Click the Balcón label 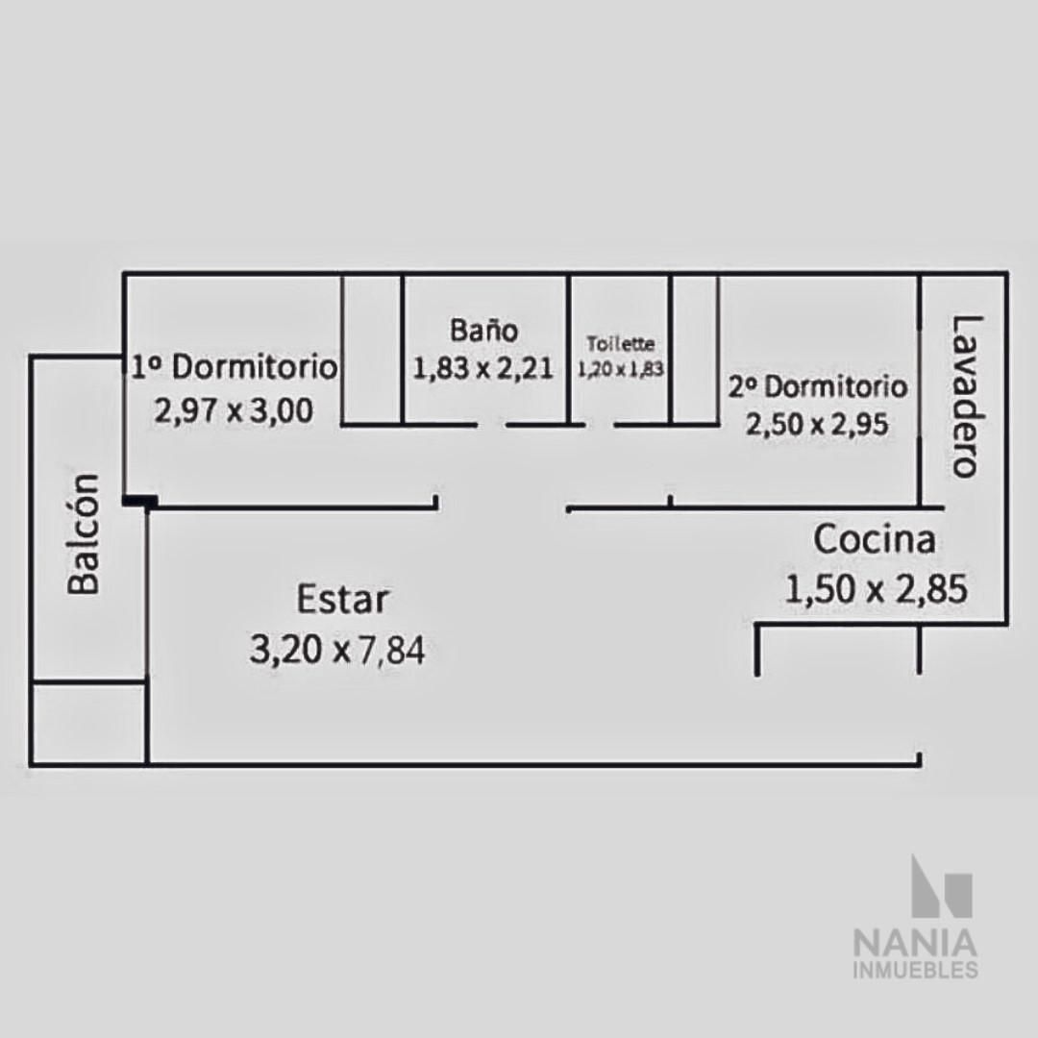pyautogui.click(x=84, y=533)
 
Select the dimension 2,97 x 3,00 pyautogui.click(x=234, y=411)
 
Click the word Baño pyautogui.click(x=483, y=330)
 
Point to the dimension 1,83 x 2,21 pyautogui.click(x=482, y=368)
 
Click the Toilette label pyautogui.click(x=620, y=343)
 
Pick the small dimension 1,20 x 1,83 pyautogui.click(x=620, y=369)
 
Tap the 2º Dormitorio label pyautogui.click(x=818, y=386)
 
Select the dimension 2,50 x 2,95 pyautogui.click(x=817, y=425)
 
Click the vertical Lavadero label pyautogui.click(x=965, y=396)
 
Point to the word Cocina pyautogui.click(x=875, y=539)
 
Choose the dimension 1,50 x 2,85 pyautogui.click(x=876, y=588)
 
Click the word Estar pyautogui.click(x=342, y=599)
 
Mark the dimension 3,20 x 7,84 pyautogui.click(x=337, y=650)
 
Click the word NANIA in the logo pyautogui.click(x=916, y=943)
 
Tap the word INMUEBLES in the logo pyautogui.click(x=916, y=971)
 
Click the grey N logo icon pyautogui.click(x=942, y=886)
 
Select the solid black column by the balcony pyautogui.click(x=140, y=502)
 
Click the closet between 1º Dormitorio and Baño pyautogui.click(x=372, y=349)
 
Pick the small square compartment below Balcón pyautogui.click(x=88, y=722)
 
